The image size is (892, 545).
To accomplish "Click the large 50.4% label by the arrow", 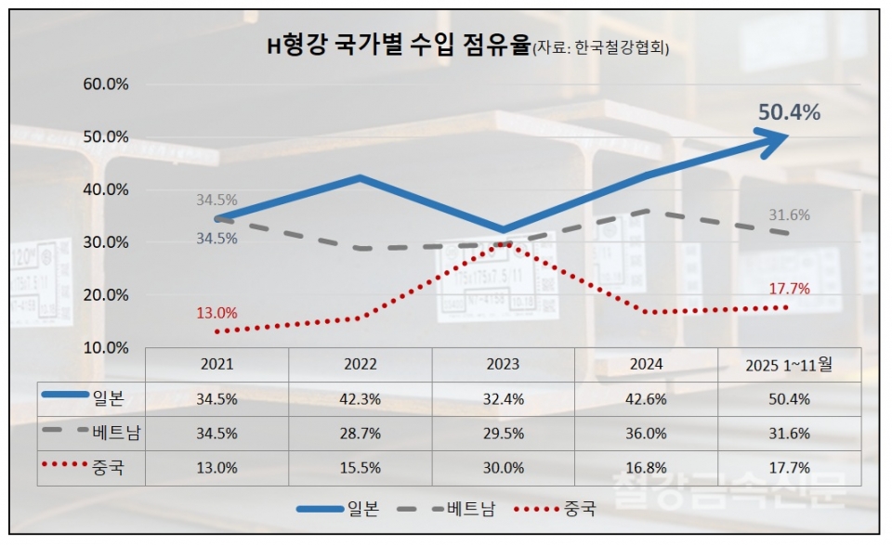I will click(789, 112).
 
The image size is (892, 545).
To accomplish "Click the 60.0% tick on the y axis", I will click(106, 84).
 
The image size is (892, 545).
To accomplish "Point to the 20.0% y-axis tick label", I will click(106, 295).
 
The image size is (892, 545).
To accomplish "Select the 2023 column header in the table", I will click(503, 365).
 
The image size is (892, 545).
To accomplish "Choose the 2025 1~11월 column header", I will click(789, 365).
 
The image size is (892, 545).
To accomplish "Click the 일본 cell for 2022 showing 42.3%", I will click(360, 399).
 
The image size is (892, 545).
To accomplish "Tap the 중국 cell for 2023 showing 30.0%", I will click(503, 468).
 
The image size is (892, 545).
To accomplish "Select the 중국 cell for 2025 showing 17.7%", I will click(789, 468).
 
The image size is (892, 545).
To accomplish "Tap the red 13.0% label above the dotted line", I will click(216, 313).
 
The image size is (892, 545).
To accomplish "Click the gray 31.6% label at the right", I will click(789, 215).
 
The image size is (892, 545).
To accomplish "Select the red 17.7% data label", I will click(790, 289).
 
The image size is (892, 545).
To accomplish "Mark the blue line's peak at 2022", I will click(360, 177).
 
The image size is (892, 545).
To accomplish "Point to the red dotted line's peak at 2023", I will click(503, 243).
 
